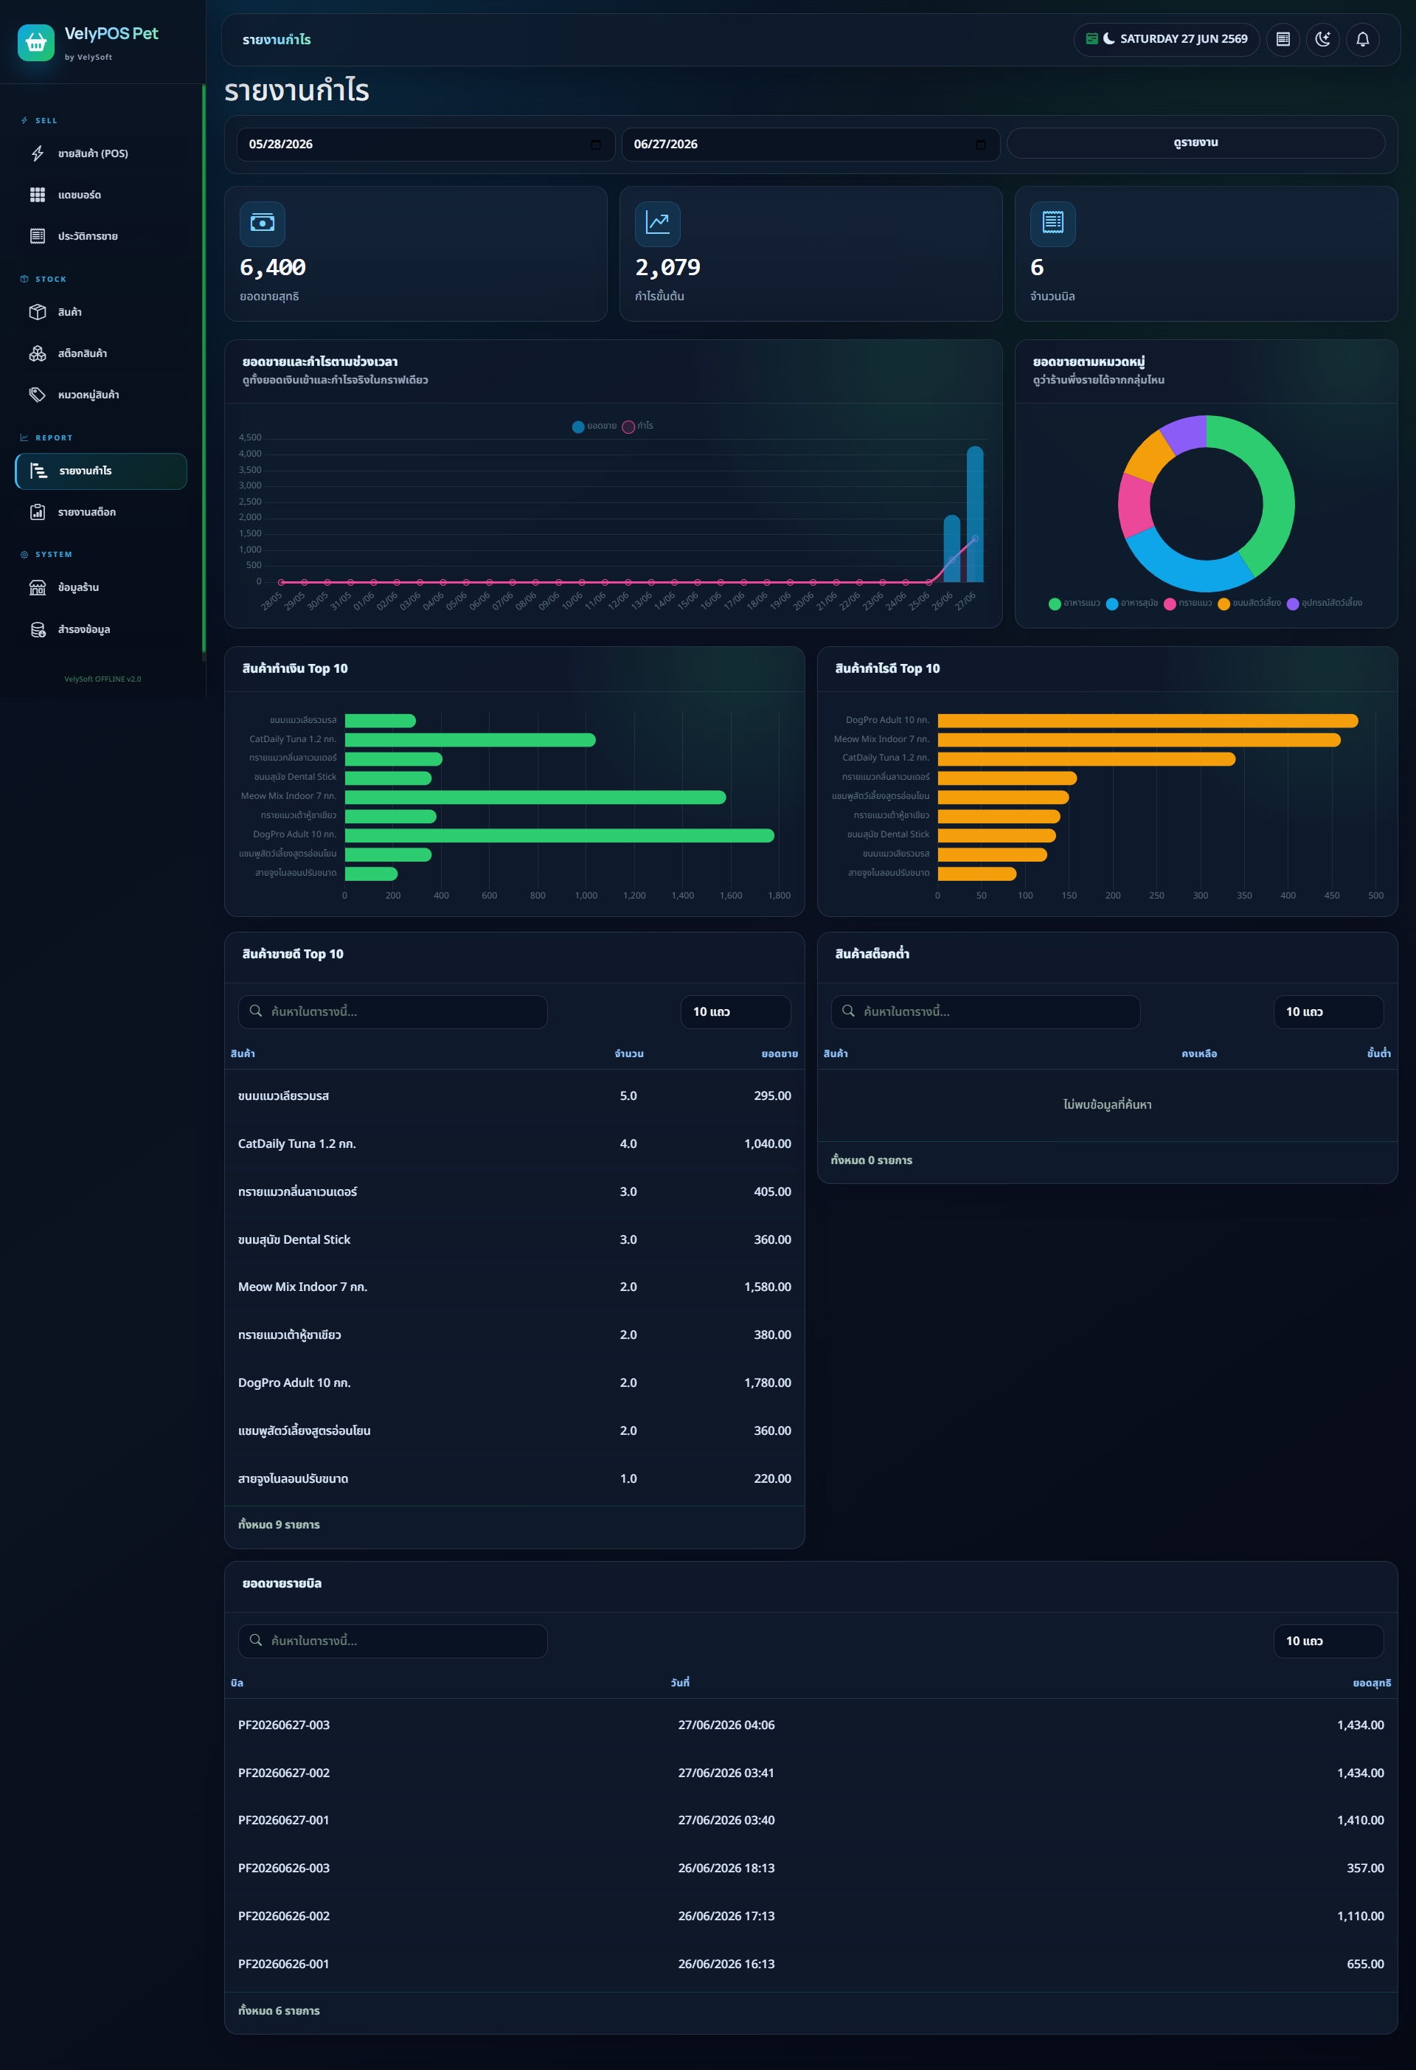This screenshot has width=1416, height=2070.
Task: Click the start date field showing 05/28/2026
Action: [x=426, y=145]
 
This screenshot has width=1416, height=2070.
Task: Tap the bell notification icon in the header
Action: [x=1363, y=39]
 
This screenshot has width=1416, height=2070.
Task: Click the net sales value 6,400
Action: [x=273, y=267]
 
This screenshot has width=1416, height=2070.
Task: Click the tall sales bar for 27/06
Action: [x=975, y=514]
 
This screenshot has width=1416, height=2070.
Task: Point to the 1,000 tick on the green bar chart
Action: [x=586, y=895]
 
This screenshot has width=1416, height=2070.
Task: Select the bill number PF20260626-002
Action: [x=284, y=1916]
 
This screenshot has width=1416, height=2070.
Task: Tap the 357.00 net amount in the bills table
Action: [x=1365, y=1868]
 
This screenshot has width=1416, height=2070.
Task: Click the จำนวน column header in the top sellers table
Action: [x=629, y=1053]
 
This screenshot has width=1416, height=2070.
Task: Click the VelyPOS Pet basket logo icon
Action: [x=35, y=42]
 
